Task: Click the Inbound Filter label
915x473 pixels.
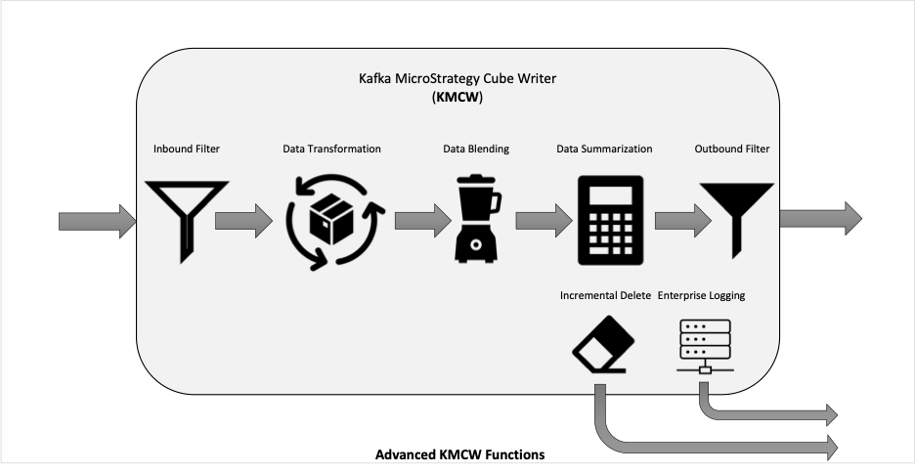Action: pos(187,149)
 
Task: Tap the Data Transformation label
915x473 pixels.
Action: pos(331,149)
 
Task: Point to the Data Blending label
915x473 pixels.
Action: pos(476,149)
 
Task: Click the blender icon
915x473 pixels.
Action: pos(477,218)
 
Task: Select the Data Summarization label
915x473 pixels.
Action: pos(604,149)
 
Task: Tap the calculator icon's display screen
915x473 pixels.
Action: pos(610,195)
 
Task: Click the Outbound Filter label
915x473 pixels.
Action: pos(732,149)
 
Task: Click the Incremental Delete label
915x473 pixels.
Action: pos(605,296)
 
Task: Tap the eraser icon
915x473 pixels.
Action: pos(602,344)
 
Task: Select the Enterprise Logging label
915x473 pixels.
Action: pos(702,296)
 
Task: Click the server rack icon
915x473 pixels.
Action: pos(705,346)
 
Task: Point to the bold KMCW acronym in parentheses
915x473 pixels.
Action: pos(457,98)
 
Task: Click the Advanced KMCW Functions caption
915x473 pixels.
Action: pos(459,454)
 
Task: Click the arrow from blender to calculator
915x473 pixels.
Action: pos(544,221)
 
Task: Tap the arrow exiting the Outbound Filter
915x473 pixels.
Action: pos(820,219)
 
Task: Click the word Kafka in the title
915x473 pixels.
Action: pos(375,78)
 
